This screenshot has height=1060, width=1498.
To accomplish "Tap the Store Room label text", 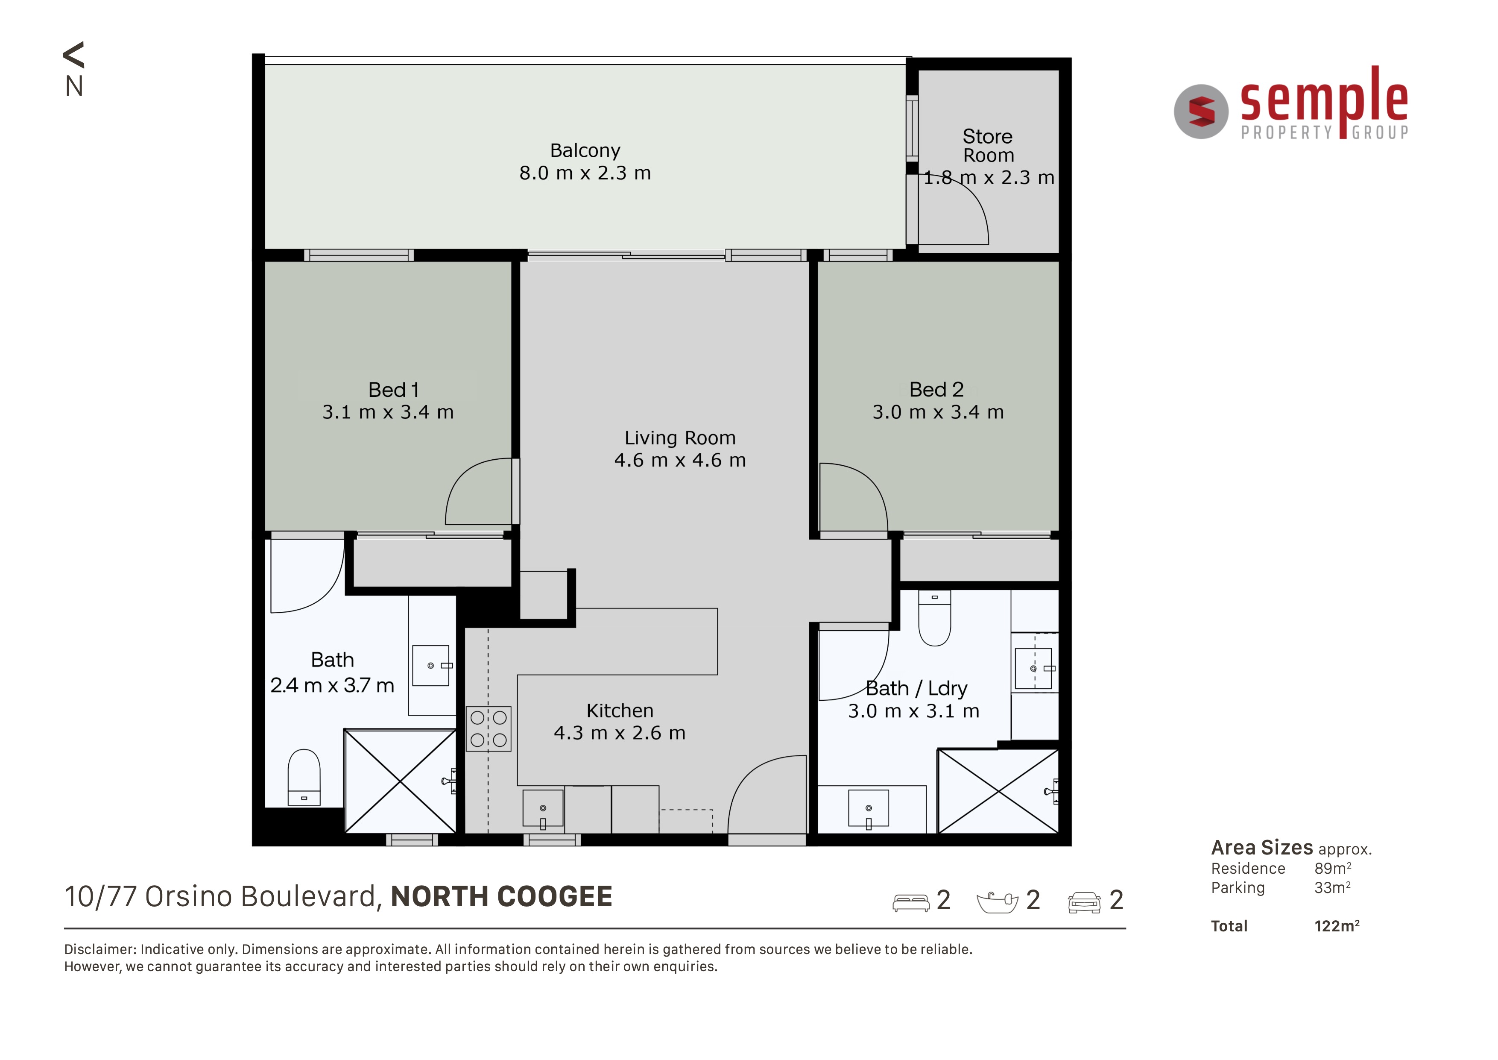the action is point(988,146).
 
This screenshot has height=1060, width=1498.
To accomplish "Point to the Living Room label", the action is point(680,438).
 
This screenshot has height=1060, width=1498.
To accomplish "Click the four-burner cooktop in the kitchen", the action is point(489,728).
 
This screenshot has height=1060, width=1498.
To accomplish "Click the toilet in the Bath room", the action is point(304,777).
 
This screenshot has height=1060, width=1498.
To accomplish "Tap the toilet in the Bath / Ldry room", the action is point(934,617).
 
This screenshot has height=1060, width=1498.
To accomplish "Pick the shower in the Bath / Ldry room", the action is point(998,791).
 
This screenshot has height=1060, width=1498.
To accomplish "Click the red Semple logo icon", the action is point(1201,112).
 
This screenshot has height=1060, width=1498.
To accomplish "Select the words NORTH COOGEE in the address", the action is point(501,896).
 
